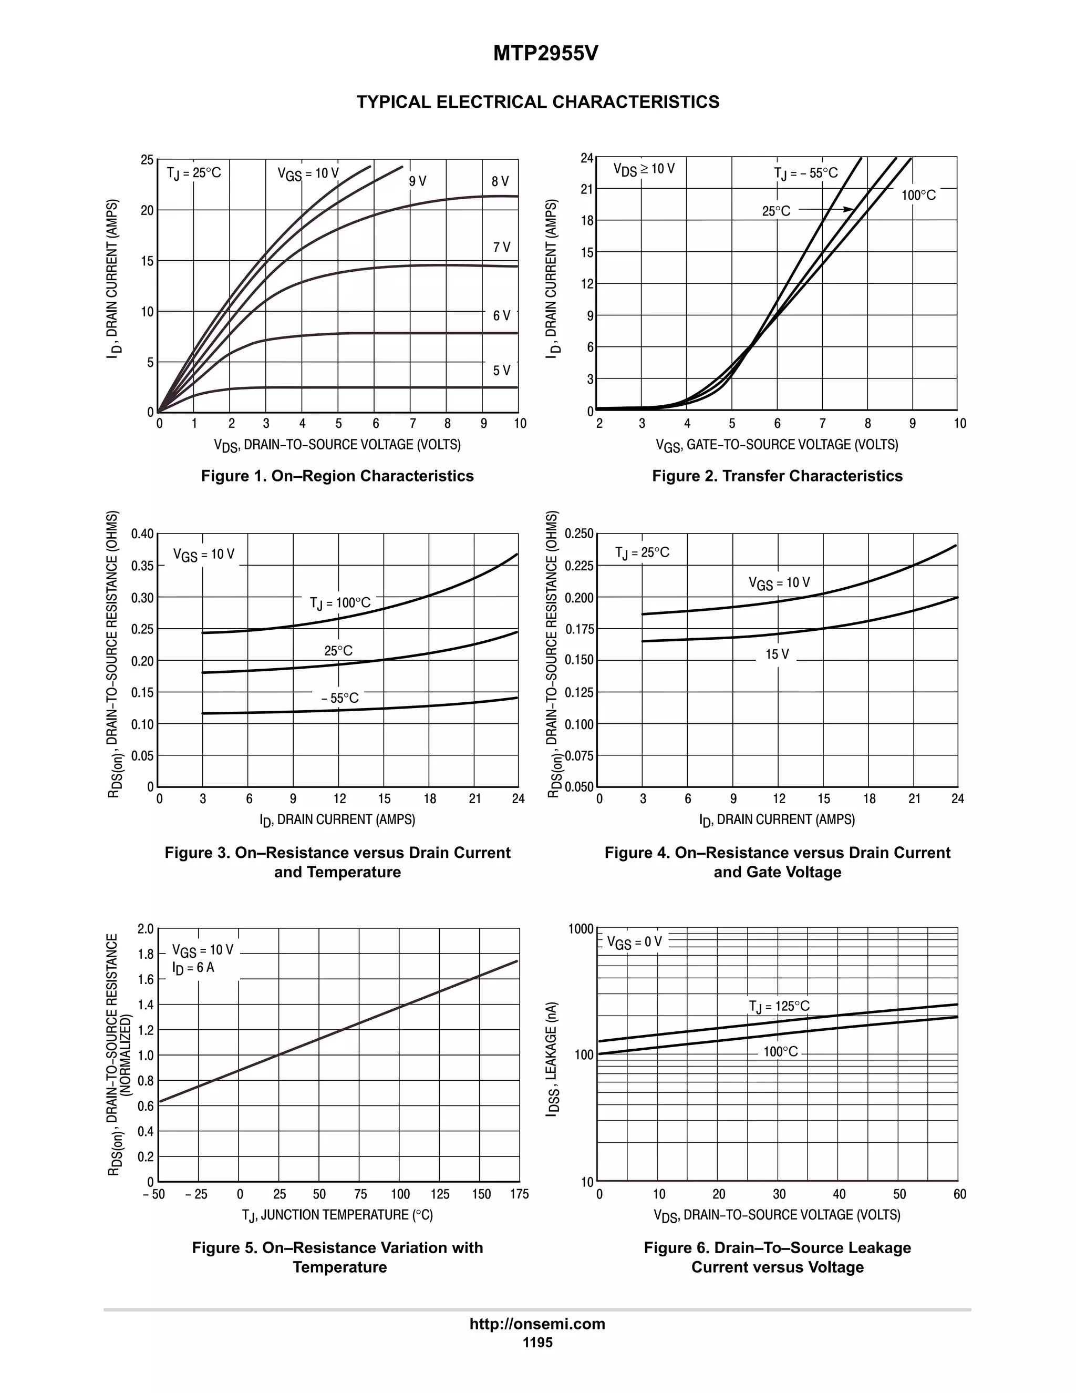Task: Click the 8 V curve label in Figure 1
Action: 500,182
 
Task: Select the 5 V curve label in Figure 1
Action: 501,371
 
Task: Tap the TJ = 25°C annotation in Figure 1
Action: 194,173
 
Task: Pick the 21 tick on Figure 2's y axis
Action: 586,189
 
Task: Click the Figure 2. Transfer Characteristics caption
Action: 777,476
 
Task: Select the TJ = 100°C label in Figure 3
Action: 340,603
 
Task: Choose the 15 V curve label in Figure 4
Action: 777,654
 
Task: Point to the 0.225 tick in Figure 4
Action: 579,566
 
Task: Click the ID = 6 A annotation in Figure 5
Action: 193,968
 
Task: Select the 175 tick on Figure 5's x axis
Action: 519,1194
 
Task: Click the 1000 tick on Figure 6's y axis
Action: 581,929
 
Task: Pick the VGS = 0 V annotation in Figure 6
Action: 634,942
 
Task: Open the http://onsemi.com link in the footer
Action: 537,1324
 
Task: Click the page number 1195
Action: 537,1343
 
